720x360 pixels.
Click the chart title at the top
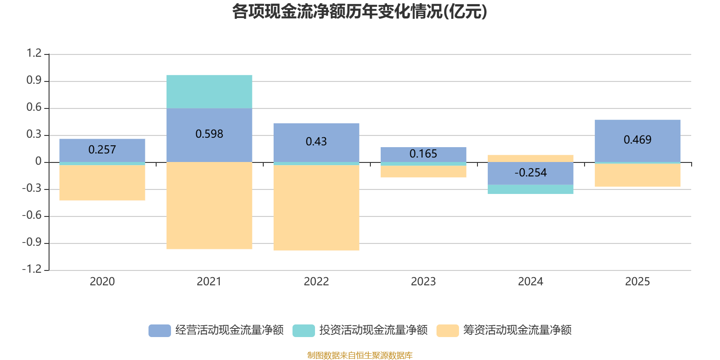(x=360, y=12)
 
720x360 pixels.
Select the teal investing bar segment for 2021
(x=209, y=91)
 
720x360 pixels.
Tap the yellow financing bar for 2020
(x=102, y=183)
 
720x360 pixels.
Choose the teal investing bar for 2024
(x=530, y=189)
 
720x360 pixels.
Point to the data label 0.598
(x=209, y=134)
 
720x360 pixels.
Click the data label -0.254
(x=531, y=173)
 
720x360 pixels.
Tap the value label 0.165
(x=423, y=154)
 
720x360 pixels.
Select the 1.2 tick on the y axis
(x=34, y=54)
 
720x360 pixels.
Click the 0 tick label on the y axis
(x=38, y=162)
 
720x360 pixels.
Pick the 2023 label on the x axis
(x=423, y=282)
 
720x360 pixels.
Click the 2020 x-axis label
(x=102, y=282)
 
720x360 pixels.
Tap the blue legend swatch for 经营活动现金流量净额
(x=160, y=330)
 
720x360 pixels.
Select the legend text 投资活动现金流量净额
(x=373, y=330)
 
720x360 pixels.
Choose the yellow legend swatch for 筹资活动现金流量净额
(x=448, y=330)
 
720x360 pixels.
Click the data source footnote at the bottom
(x=360, y=355)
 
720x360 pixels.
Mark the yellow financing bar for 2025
(x=637, y=175)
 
